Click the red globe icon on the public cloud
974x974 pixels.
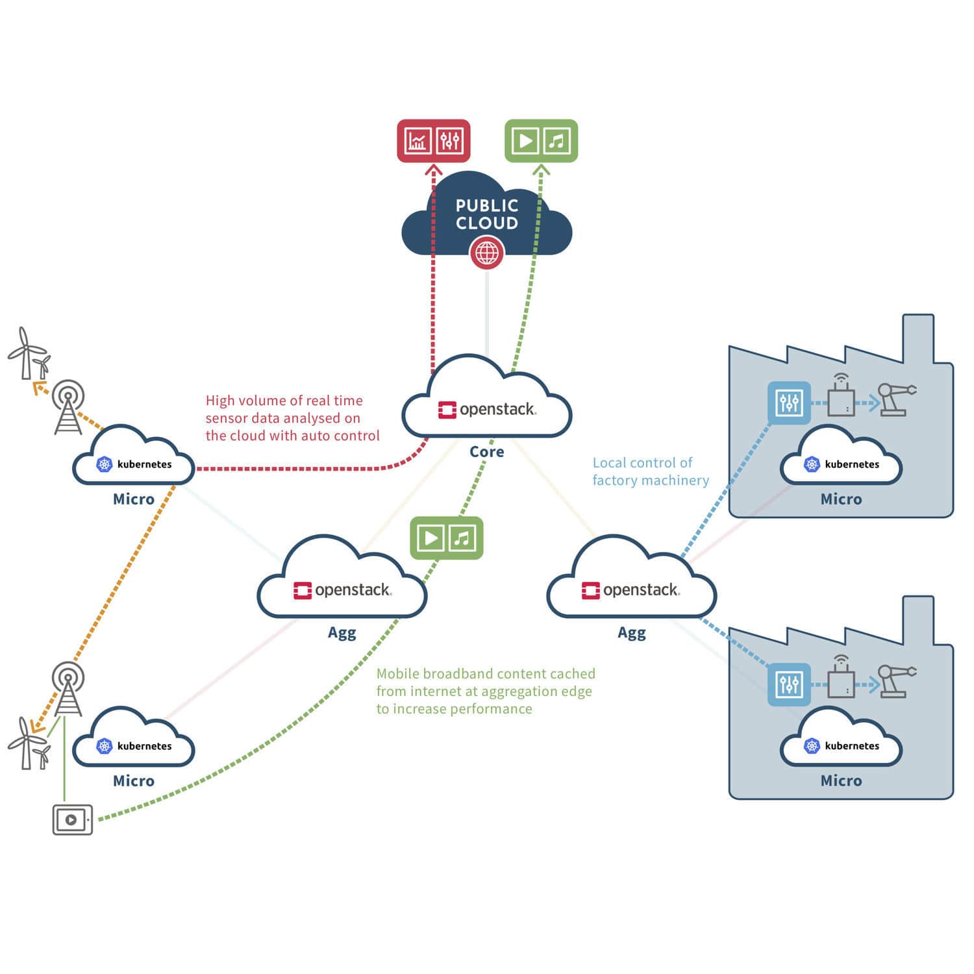pyautogui.click(x=486, y=253)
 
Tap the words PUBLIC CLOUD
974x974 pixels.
pyautogui.click(x=486, y=214)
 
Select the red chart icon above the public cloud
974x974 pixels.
pyautogui.click(x=417, y=140)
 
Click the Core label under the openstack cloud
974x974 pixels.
pyautogui.click(x=486, y=451)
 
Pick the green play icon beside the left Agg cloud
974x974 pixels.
pyautogui.click(x=431, y=538)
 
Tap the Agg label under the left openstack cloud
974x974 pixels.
pyautogui.click(x=342, y=632)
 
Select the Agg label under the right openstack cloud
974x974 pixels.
pyautogui.click(x=631, y=632)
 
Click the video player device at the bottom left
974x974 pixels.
pyautogui.click(x=72, y=819)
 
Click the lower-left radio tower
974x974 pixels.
pyautogui.click(x=68, y=688)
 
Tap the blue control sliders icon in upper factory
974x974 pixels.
pyautogui.click(x=789, y=403)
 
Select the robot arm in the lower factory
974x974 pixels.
pyautogui.click(x=896, y=680)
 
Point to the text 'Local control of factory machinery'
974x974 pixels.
pyautogui.click(x=650, y=471)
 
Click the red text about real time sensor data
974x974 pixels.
pyautogui.click(x=292, y=418)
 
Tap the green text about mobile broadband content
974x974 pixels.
pyautogui.click(x=485, y=691)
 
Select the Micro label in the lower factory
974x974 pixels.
pyautogui.click(x=841, y=780)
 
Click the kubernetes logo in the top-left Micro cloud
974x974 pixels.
pyautogui.click(x=105, y=464)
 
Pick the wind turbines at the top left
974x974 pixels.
pyautogui.click(x=29, y=355)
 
